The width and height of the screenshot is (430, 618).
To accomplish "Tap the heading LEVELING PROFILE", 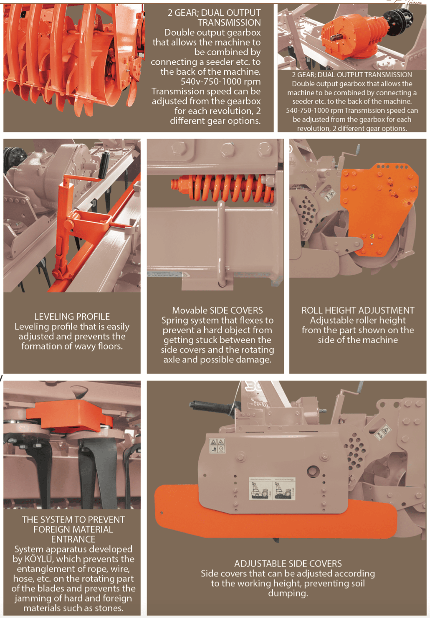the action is coord(72,317).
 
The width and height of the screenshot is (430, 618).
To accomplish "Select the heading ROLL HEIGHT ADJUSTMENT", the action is coord(358,310).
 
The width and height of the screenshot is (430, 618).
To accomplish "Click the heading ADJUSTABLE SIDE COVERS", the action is coord(288,563).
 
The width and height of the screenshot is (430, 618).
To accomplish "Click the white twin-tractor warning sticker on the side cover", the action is coord(272,489).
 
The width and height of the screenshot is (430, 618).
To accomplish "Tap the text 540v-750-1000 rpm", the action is coord(220,82).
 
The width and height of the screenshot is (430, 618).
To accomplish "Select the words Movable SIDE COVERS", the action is coord(218,310).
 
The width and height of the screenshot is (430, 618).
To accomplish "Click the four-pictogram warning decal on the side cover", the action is coord(218,446).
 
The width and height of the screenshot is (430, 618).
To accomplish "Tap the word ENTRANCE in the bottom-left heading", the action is coord(73,539).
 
